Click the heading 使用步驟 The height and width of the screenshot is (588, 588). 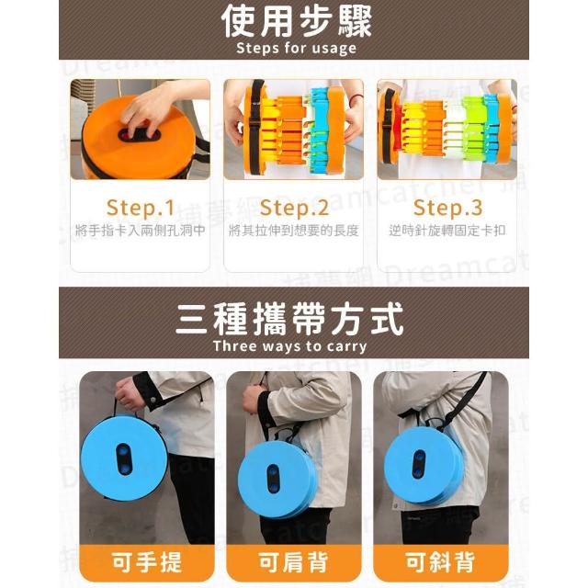296,21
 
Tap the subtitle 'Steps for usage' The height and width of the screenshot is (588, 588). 296,49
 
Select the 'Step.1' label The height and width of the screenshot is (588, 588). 141,208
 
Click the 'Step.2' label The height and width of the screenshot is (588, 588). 294,208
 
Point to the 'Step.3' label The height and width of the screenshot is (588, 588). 447,208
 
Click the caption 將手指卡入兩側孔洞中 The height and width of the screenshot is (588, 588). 141,231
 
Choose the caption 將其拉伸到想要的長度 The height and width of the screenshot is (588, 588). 294,231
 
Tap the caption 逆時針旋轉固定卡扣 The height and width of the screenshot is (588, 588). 447,231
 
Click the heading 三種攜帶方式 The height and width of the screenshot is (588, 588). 289,319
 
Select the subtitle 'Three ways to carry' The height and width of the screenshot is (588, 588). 289,346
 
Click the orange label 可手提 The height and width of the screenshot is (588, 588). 147,562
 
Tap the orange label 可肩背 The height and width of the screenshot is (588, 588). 294,562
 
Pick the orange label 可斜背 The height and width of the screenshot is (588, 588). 441,562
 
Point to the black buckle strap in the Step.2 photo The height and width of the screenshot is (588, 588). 256,128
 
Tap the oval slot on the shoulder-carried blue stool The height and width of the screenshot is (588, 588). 273,478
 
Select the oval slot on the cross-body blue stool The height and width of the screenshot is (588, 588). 419,464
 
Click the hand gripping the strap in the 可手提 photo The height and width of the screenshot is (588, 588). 130,394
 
